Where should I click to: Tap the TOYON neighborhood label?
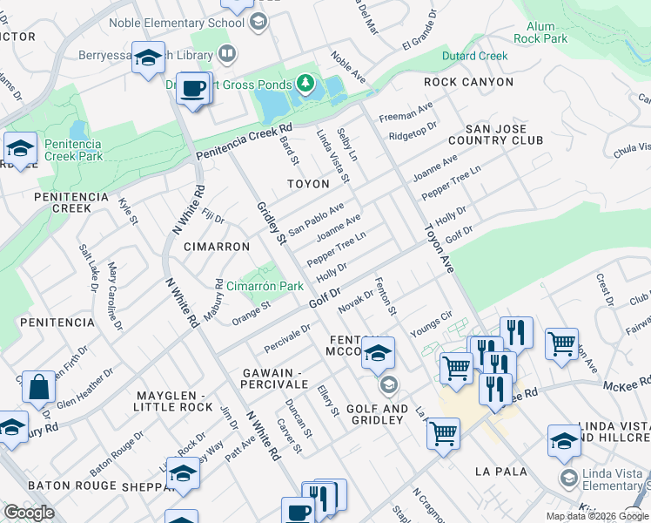(309, 184)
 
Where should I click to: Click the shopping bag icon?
(40, 388)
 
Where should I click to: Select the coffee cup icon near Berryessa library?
(193, 87)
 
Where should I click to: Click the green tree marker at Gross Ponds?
(305, 84)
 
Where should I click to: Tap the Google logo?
(29, 512)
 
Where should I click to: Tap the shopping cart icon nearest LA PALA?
(444, 431)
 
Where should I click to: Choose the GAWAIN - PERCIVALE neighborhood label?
(275, 378)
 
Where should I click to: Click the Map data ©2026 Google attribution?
(597, 516)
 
